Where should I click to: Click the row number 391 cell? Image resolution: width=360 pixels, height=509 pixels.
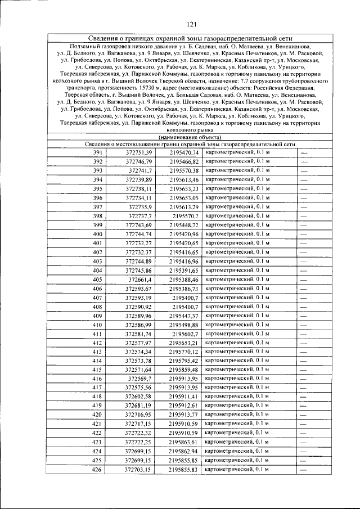tap(98, 153)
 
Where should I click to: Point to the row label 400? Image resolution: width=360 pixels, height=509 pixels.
tap(98, 234)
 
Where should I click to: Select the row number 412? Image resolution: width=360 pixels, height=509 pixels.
tap(98, 343)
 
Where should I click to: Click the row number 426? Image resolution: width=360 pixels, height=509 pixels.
tap(98, 469)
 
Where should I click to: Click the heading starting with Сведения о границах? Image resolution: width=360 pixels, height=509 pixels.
tap(190, 38)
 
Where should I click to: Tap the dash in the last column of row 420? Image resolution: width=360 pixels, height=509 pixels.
tap(304, 415)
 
